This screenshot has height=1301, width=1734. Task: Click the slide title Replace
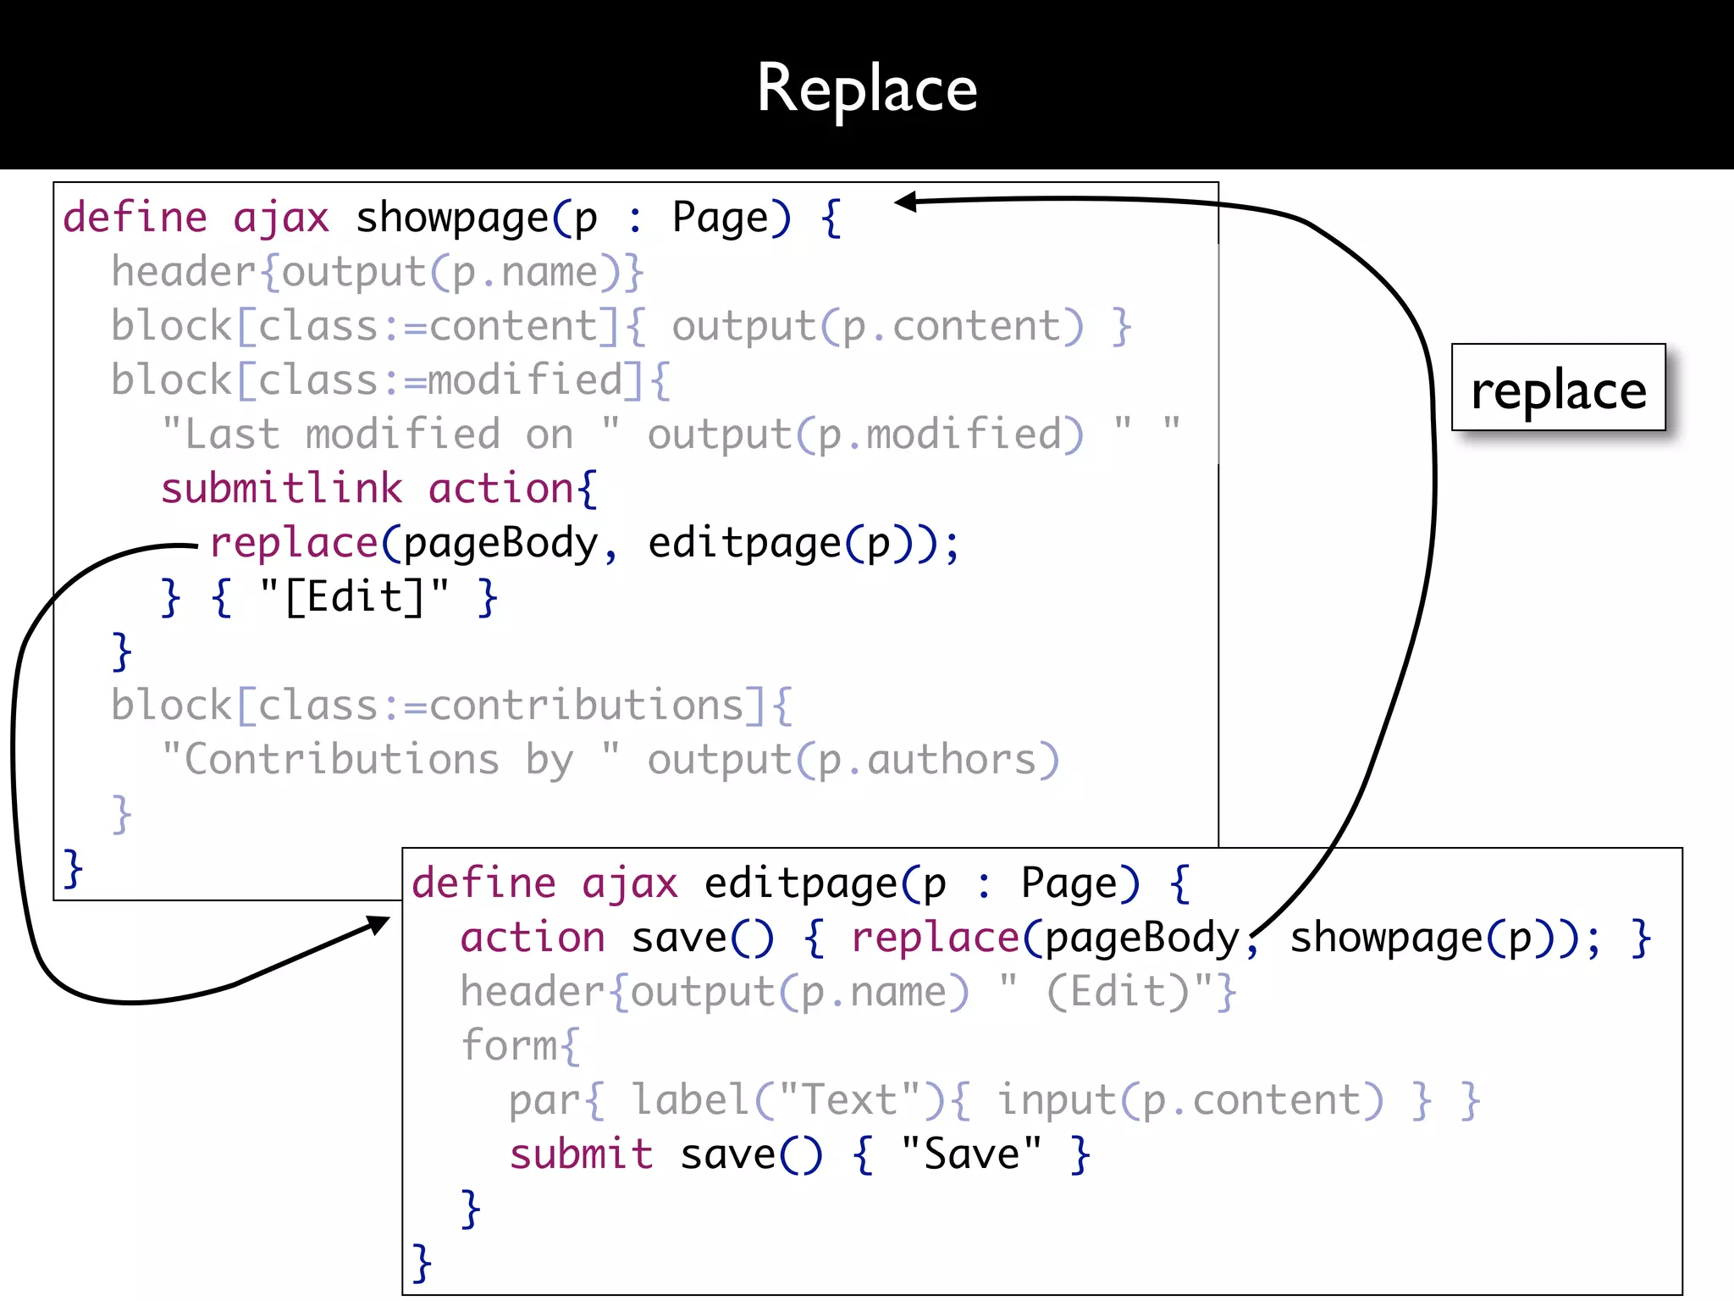[x=867, y=88]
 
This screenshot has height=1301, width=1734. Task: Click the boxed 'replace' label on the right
[x=1558, y=390]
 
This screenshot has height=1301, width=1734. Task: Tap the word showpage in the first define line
[x=452, y=219]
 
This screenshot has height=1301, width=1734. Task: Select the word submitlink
[x=281, y=490]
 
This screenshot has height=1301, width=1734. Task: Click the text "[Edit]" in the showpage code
[x=354, y=598]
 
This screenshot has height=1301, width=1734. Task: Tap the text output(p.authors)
[x=853, y=761]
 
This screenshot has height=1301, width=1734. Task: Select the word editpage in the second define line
[x=801, y=884]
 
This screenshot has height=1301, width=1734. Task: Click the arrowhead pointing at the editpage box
[x=379, y=923]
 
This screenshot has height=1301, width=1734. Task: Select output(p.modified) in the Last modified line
[x=865, y=435]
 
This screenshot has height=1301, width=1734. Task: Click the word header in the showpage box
[x=184, y=273]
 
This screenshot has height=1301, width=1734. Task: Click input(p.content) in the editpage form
[x=1190, y=1101]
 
